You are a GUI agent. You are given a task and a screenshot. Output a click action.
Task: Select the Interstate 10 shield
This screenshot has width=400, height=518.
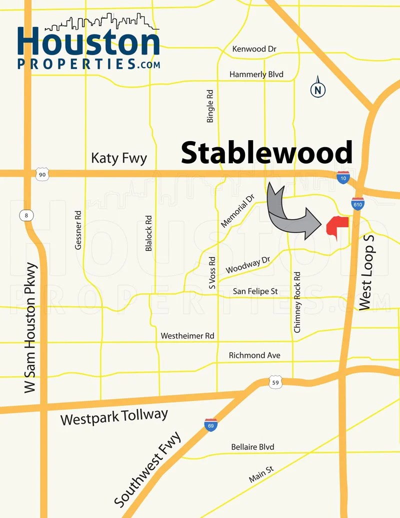[342, 177]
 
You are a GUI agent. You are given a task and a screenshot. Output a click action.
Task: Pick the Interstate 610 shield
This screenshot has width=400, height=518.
[357, 203]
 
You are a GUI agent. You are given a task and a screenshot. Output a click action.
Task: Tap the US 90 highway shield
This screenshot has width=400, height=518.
[42, 174]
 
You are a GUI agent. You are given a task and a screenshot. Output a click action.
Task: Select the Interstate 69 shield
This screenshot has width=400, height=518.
[210, 425]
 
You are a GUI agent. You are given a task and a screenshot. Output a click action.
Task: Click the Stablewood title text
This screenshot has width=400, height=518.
[266, 153]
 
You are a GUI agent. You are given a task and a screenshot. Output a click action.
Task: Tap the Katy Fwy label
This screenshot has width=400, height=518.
[119, 159]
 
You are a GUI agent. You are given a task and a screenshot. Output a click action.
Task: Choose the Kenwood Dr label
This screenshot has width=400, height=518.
[254, 49]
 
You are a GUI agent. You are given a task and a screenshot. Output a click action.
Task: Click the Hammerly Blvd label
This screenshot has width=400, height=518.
[256, 75]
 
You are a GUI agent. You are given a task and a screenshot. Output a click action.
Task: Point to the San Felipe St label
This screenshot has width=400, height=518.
[255, 291]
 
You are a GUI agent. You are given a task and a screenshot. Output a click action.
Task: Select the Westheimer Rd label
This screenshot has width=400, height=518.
[187, 336]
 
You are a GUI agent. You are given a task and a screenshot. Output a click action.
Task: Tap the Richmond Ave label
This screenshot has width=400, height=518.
[254, 355]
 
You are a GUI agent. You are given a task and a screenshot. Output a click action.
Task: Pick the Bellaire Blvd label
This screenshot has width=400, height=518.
[252, 447]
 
